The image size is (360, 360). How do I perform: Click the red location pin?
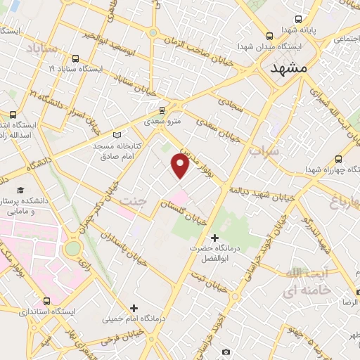pyautogui.click(x=181, y=166)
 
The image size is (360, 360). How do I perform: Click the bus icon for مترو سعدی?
pyautogui.click(x=162, y=110)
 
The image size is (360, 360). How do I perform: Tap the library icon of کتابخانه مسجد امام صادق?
pyautogui.click(x=117, y=134)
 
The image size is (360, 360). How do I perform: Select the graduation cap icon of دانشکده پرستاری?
pyautogui.click(x=20, y=191)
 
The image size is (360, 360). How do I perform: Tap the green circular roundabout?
pyautogui.click(x=73, y=248)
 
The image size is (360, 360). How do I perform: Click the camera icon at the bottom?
pyautogui.click(x=226, y=352)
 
